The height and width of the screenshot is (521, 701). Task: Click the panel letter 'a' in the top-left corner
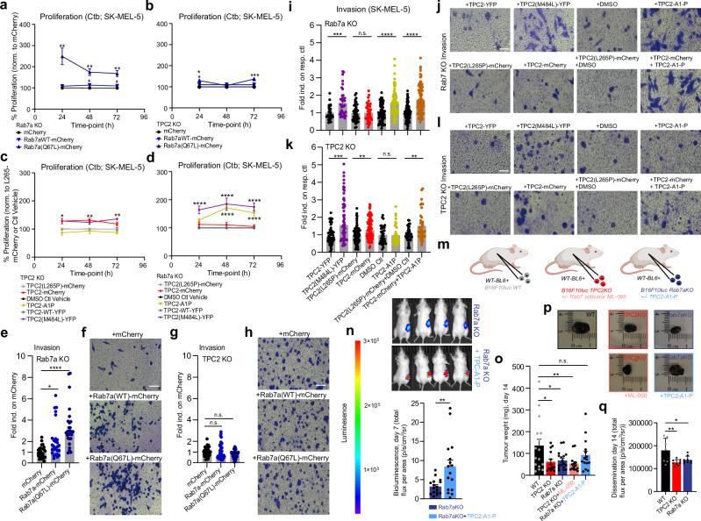pyautogui.click(x=5, y=7)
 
